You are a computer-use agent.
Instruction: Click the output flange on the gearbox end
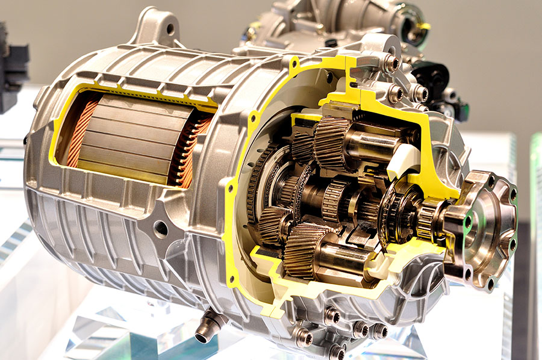coord(482,226)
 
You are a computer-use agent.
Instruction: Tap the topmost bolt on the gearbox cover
coord(391,61)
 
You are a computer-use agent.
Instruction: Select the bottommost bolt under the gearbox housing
coord(337,350)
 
